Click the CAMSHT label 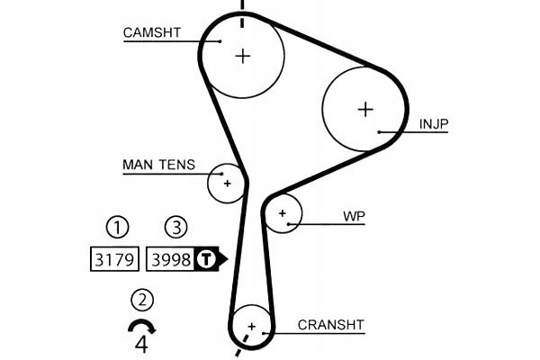coord(152,32)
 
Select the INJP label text coord(436,123)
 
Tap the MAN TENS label coord(157,166)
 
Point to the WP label coord(353,217)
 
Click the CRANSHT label coord(329,324)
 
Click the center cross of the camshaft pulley coord(243,55)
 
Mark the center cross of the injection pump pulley coord(364,109)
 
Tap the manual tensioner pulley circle coord(227,184)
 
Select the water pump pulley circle coord(283,213)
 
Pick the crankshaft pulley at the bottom coord(251,325)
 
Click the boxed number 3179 coord(115,260)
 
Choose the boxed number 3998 coord(170,260)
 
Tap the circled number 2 coord(141,300)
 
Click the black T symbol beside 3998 coord(207,260)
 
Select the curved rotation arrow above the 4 coord(141,326)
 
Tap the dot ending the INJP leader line coord(381,131)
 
